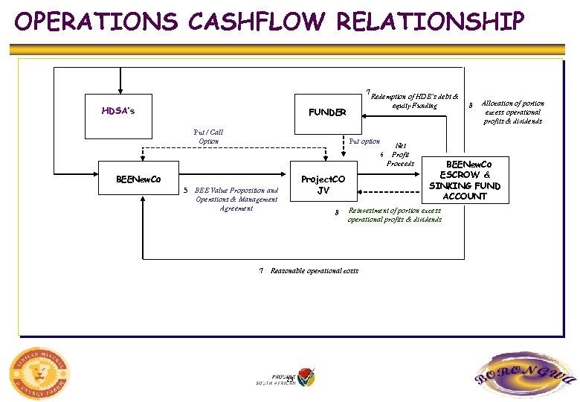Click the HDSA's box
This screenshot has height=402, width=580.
pyautogui.click(x=118, y=112)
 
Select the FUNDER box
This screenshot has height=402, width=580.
pyautogui.click(x=327, y=112)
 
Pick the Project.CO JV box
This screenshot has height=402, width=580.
pyautogui.click(x=323, y=185)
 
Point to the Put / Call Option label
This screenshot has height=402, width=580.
pyautogui.click(x=208, y=137)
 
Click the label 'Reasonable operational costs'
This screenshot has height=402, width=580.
pyautogui.click(x=314, y=271)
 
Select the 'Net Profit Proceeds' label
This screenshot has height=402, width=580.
pyautogui.click(x=401, y=155)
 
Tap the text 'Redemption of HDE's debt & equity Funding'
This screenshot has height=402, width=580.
pyautogui.click(x=414, y=101)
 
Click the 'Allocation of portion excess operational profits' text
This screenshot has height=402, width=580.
pyautogui.click(x=512, y=112)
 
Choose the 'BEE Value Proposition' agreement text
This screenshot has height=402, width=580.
pyautogui.click(x=236, y=199)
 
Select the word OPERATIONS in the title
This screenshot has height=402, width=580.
pyautogui.click(x=97, y=22)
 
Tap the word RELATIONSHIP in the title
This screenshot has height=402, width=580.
pyautogui.click(x=431, y=22)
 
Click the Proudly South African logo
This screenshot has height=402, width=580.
pyautogui.click(x=286, y=377)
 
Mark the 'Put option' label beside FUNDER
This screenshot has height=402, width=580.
pyautogui.click(x=364, y=141)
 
